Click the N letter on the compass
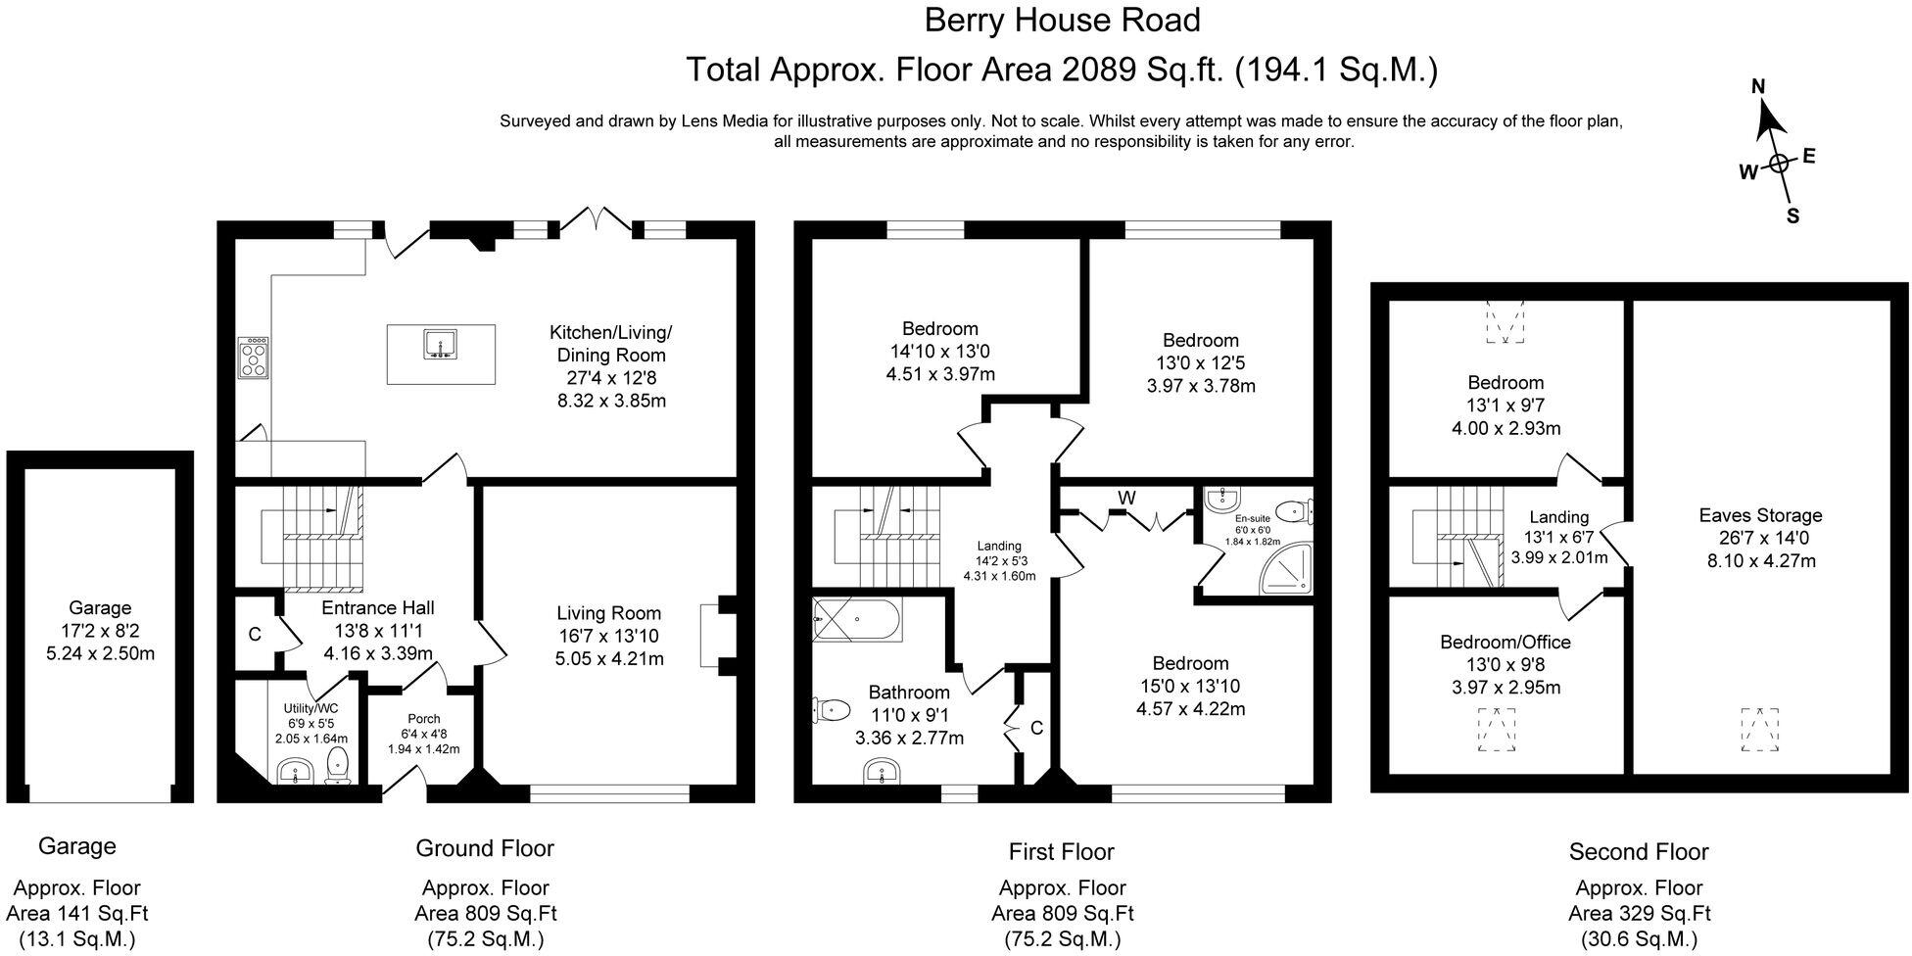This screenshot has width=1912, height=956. pyautogui.click(x=1758, y=87)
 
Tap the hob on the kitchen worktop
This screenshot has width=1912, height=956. pyautogui.click(x=254, y=357)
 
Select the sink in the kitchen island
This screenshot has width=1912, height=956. pyautogui.click(x=440, y=345)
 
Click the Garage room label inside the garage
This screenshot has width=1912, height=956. pyautogui.click(x=100, y=608)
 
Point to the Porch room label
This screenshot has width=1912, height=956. pyautogui.click(x=424, y=719)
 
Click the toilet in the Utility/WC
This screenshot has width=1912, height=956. pyautogui.click(x=337, y=766)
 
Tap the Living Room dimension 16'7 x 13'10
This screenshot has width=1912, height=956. pyautogui.click(x=608, y=636)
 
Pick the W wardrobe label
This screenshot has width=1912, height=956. pyautogui.click(x=1126, y=499)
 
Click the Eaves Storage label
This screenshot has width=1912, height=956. pyautogui.click(x=1760, y=515)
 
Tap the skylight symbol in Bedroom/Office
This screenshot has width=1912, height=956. pyautogui.click(x=1496, y=730)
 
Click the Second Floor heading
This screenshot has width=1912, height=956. pyautogui.click(x=1638, y=852)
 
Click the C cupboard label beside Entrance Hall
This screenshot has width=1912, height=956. pyautogui.click(x=254, y=634)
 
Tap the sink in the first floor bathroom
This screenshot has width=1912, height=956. pyautogui.click(x=884, y=775)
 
